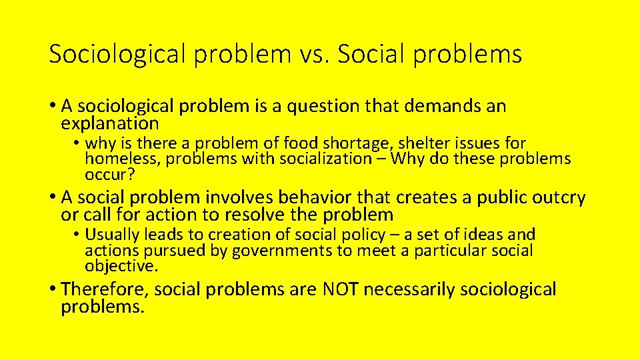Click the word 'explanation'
(110, 123)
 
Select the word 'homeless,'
(123, 159)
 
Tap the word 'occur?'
(110, 174)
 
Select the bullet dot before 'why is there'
(77, 143)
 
